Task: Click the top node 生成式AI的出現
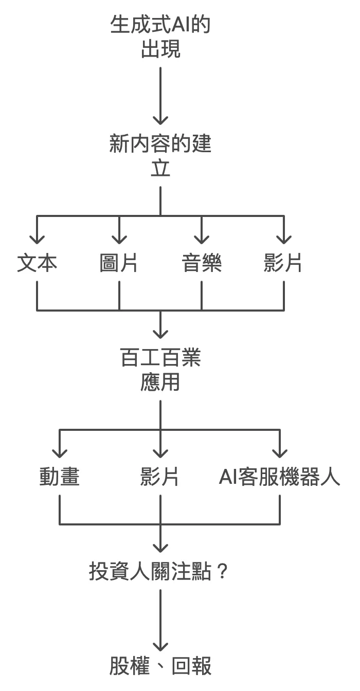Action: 160,37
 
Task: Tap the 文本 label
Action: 37,263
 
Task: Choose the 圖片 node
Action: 119,263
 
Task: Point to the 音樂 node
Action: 201,263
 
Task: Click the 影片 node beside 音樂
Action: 283,263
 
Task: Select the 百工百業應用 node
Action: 160,370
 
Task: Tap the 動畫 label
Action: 60,477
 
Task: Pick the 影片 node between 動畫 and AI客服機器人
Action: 160,477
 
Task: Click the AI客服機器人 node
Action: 280,477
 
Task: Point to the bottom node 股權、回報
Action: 160,666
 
